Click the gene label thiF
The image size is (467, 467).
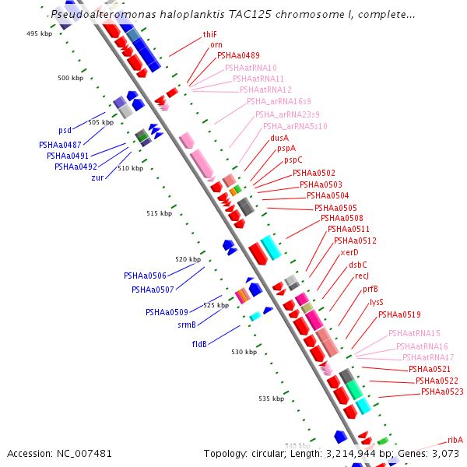[x=209, y=34]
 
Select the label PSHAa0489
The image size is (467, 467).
[x=238, y=55]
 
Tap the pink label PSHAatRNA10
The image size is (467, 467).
[x=251, y=68]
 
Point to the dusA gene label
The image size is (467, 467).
[x=279, y=138]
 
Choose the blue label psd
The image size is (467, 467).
[x=65, y=130]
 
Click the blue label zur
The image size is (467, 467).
[x=97, y=177]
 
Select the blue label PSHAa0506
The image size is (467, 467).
[x=145, y=276]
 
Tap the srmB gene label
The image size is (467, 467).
[x=186, y=325]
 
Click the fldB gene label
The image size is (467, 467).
[x=199, y=343]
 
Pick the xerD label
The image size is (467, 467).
[x=349, y=252]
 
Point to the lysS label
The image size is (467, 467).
[x=377, y=302]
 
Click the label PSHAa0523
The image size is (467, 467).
[x=442, y=392]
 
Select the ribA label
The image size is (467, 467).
[x=455, y=440]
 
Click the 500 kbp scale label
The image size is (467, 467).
[x=70, y=78]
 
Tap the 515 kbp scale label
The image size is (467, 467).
[x=159, y=213]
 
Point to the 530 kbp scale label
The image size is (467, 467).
[x=244, y=352]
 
